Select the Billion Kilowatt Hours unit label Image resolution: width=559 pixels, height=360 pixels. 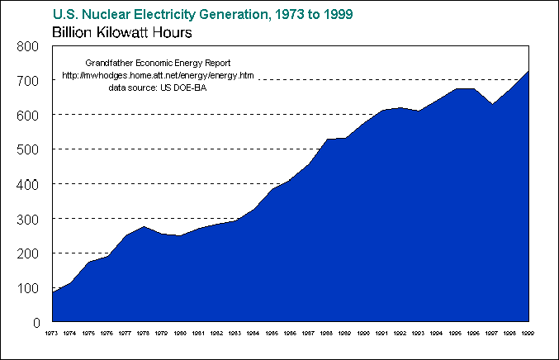point(122,34)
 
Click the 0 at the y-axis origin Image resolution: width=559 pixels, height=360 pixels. point(37,323)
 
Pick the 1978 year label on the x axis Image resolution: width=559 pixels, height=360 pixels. point(144,333)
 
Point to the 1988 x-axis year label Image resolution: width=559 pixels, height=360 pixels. point(327,333)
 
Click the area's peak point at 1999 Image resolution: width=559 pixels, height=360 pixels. point(528,71)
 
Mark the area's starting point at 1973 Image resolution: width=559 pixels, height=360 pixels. point(53,292)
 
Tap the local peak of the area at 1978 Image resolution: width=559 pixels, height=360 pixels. point(144,226)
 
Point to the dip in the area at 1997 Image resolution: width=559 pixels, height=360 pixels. point(491,104)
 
